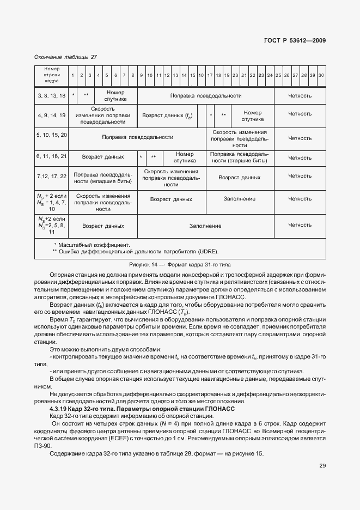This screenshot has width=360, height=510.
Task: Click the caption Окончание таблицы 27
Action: [65, 57]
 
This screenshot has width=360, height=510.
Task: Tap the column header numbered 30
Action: [321, 75]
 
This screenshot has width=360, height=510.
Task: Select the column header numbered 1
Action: [72, 75]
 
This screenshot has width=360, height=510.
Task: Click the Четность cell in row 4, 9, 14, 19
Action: [300, 114]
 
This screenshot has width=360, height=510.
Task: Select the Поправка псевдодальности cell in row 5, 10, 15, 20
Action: [138, 137]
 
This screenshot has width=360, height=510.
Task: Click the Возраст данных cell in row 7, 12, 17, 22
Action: [239, 177]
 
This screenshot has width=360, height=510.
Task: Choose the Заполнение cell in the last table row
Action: [205, 225]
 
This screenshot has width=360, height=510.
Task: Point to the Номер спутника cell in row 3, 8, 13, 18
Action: [115, 96]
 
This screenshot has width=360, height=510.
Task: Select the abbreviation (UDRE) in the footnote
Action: [208, 251]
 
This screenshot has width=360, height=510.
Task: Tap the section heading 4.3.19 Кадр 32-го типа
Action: [143, 408]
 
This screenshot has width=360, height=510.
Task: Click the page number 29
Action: [322, 466]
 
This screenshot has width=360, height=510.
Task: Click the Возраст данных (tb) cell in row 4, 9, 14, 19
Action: [167, 116]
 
